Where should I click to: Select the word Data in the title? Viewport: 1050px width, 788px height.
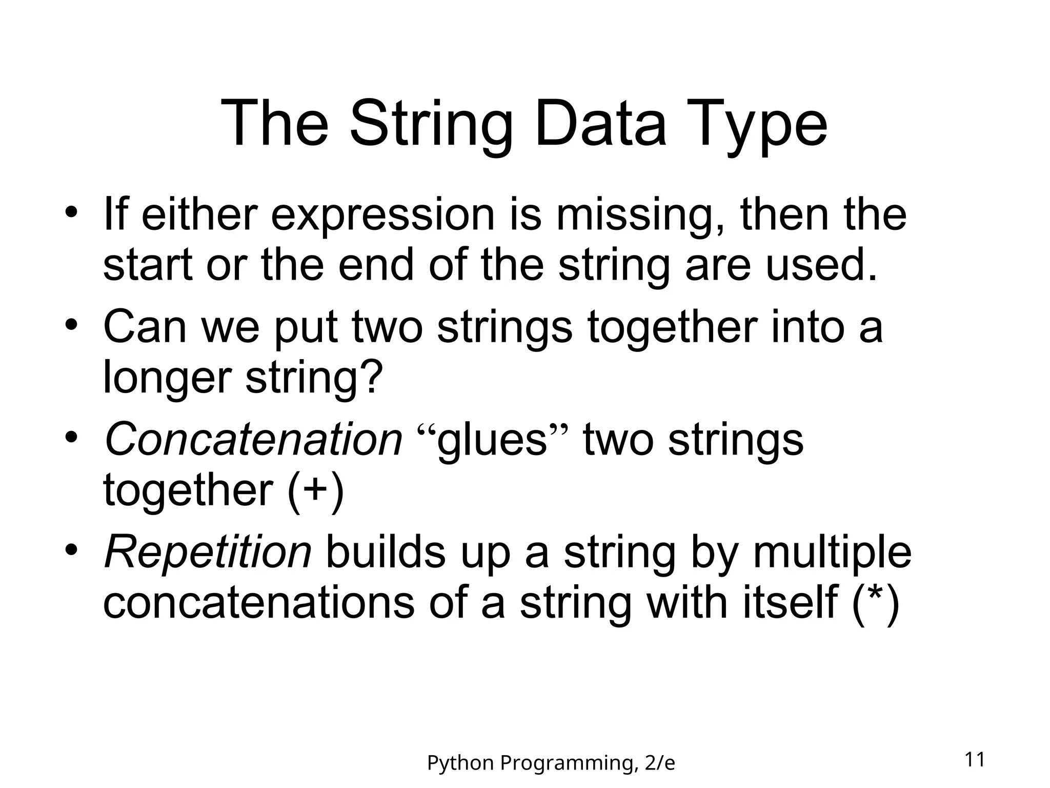pyautogui.click(x=600, y=125)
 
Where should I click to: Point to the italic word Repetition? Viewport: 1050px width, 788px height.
pyautogui.click(x=208, y=552)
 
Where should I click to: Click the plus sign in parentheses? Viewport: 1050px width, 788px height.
pyautogui.click(x=315, y=489)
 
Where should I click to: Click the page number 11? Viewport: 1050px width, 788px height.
pyautogui.click(x=975, y=759)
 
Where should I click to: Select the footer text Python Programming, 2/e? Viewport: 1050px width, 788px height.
pyautogui.click(x=551, y=763)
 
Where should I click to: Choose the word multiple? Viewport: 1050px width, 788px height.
pyautogui.click(x=832, y=552)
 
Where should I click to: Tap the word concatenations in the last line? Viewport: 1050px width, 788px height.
pyautogui.click(x=258, y=602)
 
